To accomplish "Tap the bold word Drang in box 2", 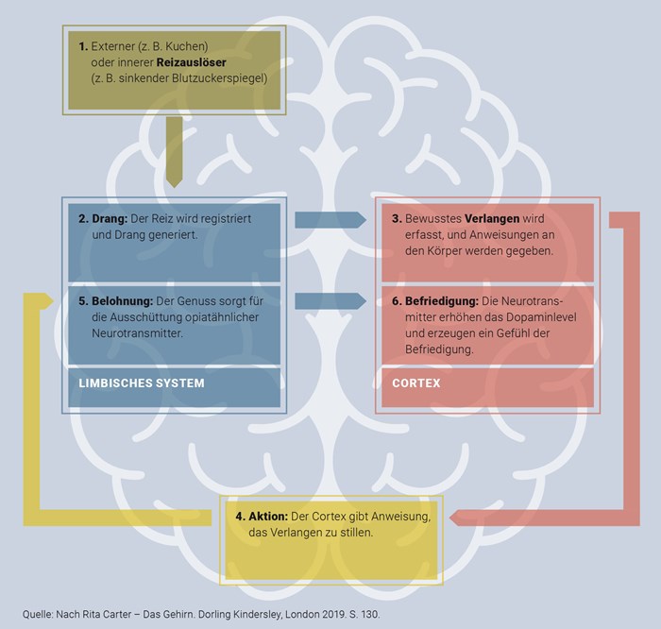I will pos(110,218).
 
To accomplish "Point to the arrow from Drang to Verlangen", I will pos(329,219).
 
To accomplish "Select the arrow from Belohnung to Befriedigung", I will pos(329,300).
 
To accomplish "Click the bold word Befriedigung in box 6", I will pos(444,300).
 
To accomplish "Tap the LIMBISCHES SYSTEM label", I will pos(142,383).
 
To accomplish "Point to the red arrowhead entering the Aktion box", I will pos(457,516).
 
